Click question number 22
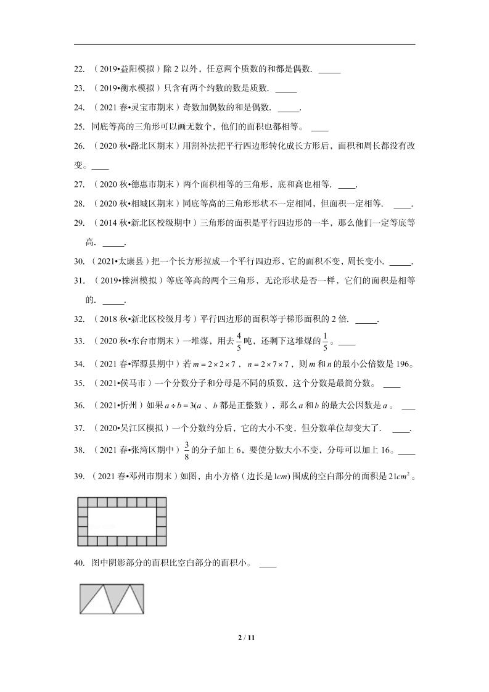[79, 70]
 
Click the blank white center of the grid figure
[123, 522]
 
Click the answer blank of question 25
[319, 130]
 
